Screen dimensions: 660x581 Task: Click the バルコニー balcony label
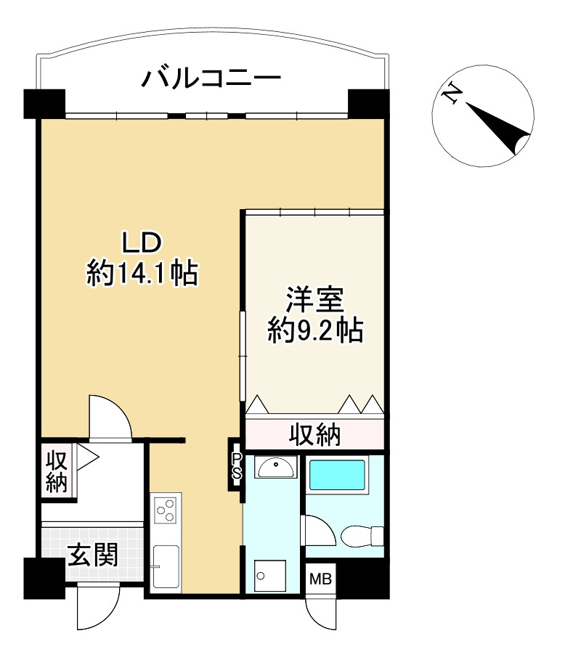click(x=211, y=77)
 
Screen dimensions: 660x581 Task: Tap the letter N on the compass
click(x=452, y=94)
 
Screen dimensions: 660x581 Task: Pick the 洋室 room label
click(x=314, y=299)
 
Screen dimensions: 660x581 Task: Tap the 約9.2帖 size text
click(x=314, y=330)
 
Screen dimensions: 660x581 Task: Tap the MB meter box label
click(x=321, y=579)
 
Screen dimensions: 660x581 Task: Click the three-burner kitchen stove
click(x=166, y=508)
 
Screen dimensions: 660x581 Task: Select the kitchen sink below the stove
click(x=166, y=567)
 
